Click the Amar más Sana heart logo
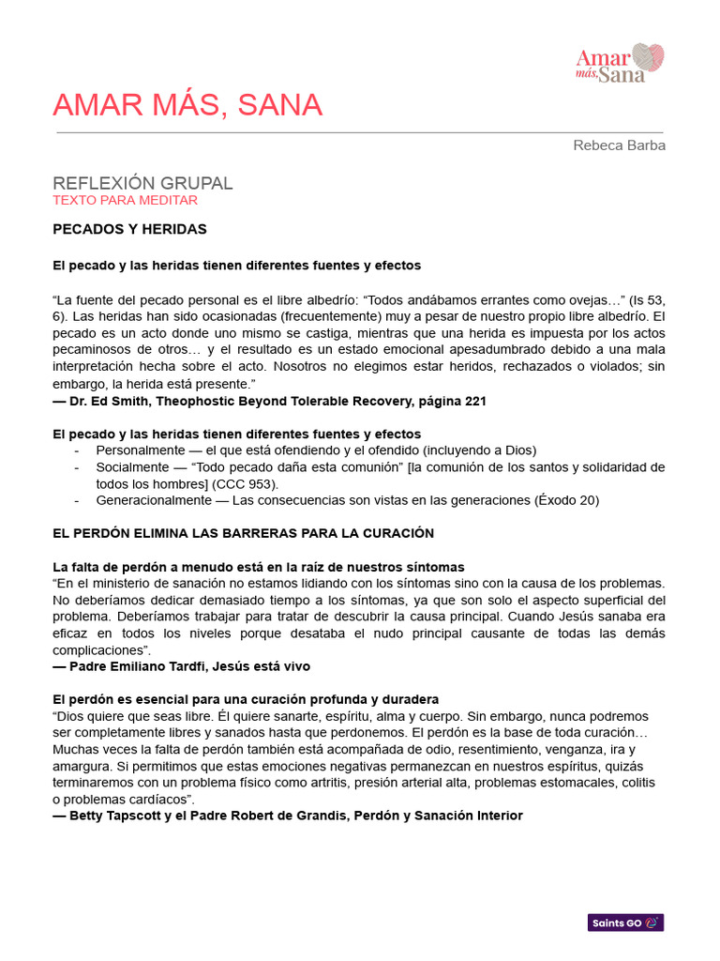pos(621,62)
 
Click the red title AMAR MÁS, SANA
pos(187,105)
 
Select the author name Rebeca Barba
pos(619,145)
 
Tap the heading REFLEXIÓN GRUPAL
pos(142,183)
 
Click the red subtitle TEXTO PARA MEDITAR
pos(125,200)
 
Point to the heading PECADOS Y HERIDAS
pos(129,229)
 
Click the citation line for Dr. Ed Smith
pos(270,401)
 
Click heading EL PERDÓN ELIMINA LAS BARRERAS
pos(243,533)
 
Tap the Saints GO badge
pos(625,923)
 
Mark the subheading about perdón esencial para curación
pos(246,699)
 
